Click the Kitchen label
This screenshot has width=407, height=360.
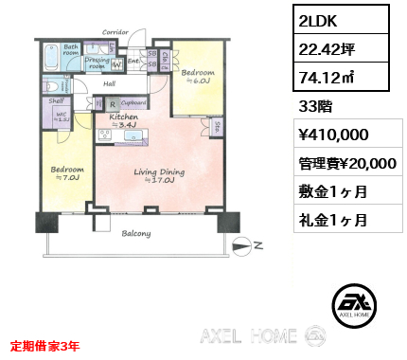point(125,118)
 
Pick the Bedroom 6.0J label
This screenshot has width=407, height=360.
point(198,75)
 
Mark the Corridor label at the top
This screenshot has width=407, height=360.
point(115,32)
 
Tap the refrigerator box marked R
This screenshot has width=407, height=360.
point(113,104)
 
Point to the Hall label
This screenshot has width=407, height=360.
point(110,83)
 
